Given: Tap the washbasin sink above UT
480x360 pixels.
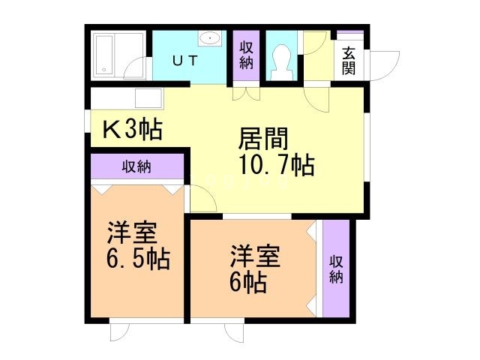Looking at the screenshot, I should click(210, 38).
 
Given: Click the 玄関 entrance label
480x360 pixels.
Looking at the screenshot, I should click(349, 61).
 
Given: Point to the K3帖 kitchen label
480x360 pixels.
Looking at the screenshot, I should click(132, 130).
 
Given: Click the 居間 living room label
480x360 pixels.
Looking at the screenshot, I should click(263, 140).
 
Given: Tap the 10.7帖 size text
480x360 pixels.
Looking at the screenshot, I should click(275, 165).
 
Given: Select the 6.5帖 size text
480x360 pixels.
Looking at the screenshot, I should click(137, 259).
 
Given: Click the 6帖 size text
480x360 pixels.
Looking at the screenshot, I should click(248, 283).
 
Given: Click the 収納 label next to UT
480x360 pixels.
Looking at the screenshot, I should click(246, 55).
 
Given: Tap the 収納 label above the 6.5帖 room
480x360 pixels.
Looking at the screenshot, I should click(136, 166).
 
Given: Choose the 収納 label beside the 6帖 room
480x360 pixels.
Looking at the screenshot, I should click(336, 268).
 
